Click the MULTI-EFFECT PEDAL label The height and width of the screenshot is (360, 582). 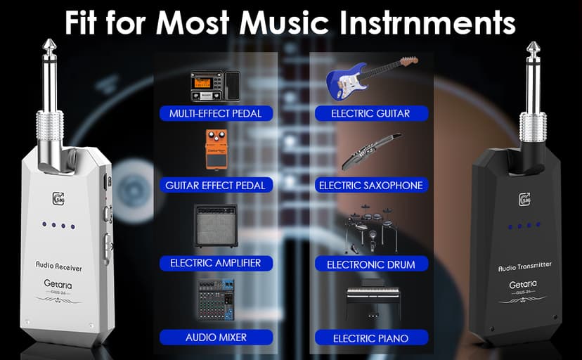click(216, 112)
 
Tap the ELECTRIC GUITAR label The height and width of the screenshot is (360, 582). click(370, 112)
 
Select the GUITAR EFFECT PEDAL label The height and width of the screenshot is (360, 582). click(216, 186)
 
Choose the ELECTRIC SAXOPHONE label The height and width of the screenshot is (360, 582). click(370, 186)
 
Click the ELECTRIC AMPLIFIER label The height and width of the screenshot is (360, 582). click(216, 263)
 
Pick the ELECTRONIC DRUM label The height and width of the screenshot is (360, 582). click(370, 264)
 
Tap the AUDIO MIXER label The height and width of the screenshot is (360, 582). click(216, 337)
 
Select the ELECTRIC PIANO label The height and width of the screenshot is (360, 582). click(370, 338)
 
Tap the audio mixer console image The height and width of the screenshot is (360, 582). click(216, 301)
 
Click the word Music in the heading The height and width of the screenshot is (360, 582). click(275, 22)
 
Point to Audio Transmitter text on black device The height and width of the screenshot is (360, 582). click(525, 266)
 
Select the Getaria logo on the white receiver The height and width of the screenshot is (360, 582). click(60, 285)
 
